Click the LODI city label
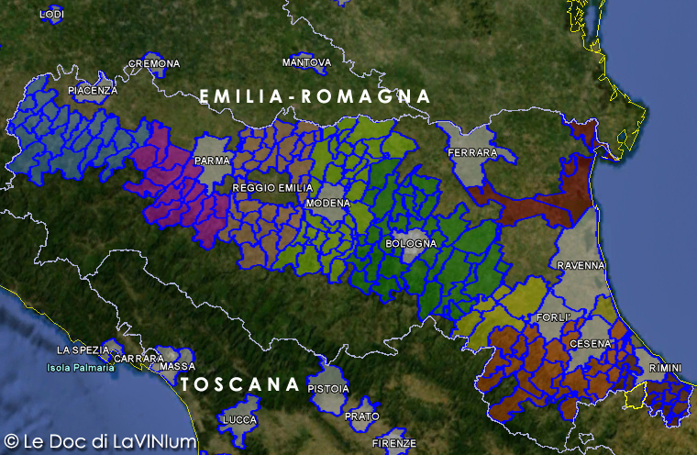pyautogui.click(x=53, y=15)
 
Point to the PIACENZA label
pyautogui.click(x=93, y=91)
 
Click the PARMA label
pyautogui.click(x=211, y=161)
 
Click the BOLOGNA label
pyautogui.click(x=411, y=243)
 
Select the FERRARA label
pyautogui.click(x=473, y=152)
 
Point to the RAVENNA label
pyautogui.click(x=581, y=265)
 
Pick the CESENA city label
pyautogui.click(x=590, y=343)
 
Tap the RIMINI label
pyautogui.click(x=664, y=368)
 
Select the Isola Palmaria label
pyautogui.click(x=82, y=368)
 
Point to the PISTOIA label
pyautogui.click(x=329, y=388)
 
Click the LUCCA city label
pyautogui.click(x=240, y=419)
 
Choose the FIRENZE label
pyautogui.click(x=394, y=443)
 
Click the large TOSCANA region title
pyautogui.click(x=240, y=384)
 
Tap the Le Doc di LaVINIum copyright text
pyautogui.click(x=101, y=441)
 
